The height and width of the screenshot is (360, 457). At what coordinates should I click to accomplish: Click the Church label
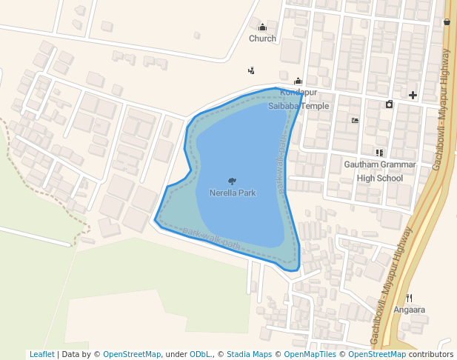262,39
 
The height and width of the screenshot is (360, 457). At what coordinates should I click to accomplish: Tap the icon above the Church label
262,27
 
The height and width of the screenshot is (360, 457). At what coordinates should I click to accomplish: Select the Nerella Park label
233,193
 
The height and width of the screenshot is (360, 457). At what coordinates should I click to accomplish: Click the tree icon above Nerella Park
233,181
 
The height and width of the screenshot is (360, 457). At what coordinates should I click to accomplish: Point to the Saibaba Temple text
298,106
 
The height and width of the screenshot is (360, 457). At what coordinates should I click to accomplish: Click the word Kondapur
298,92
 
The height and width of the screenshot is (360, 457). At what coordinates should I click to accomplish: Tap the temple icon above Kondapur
298,81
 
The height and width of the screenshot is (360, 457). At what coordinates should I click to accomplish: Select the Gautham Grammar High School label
380,170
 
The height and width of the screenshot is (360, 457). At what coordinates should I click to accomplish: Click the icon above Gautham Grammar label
380,153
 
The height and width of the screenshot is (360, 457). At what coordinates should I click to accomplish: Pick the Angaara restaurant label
410,310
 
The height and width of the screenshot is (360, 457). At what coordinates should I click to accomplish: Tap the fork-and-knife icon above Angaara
410,298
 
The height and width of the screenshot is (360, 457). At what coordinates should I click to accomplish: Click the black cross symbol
413,95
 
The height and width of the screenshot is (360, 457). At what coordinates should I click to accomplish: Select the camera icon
390,104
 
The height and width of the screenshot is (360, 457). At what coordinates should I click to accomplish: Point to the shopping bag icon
447,22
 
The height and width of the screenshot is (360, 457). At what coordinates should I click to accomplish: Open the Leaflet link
41,354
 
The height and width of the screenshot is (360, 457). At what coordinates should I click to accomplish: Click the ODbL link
200,354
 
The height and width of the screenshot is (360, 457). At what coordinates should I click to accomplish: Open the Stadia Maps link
249,354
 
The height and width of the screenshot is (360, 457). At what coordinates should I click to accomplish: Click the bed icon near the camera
356,120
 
